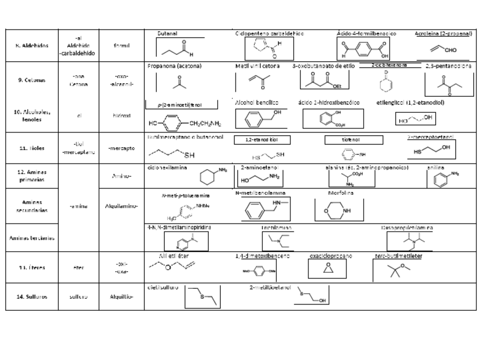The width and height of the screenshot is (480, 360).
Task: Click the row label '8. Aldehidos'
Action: tap(32, 45)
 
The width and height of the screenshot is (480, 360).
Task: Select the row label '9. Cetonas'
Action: tap(32, 80)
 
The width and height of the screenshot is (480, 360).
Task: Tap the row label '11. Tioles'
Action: tap(32, 148)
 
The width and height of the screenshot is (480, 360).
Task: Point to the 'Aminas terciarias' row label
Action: tap(32, 238)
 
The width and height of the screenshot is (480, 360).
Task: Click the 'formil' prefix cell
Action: tap(121, 45)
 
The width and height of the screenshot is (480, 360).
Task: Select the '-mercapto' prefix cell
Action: tap(121, 148)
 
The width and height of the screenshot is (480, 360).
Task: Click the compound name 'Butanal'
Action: tap(168, 34)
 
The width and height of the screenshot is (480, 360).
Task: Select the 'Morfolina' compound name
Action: tap(341, 193)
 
